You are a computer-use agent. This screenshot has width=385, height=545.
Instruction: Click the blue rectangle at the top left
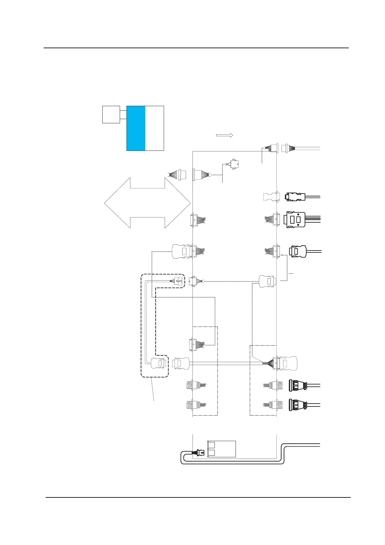[x=136, y=128]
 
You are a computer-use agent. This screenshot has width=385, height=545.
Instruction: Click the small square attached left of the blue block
[x=111, y=114]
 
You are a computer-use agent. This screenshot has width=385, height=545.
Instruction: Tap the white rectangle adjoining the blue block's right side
[x=155, y=128]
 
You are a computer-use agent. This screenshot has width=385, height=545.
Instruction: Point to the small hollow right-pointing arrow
[x=225, y=135]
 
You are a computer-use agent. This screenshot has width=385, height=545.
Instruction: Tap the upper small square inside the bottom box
[x=211, y=445]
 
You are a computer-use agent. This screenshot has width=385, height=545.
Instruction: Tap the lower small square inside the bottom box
[x=211, y=453]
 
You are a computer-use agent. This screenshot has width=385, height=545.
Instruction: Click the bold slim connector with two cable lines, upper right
[x=295, y=196]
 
